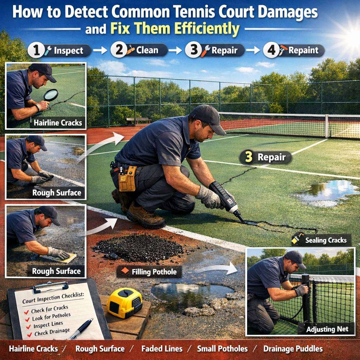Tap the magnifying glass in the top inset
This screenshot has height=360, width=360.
point(51,95)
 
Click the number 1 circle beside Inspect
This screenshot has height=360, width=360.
point(36,51)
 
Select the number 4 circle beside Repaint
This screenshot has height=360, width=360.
point(271,50)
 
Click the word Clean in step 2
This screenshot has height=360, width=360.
point(147,50)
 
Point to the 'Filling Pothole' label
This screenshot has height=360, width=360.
point(149,272)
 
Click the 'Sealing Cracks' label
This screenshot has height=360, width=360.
point(321,240)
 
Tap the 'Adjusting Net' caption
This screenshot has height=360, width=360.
point(327,329)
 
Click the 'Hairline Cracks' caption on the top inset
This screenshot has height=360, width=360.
point(58,123)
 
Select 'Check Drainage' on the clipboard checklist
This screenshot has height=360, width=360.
point(52,332)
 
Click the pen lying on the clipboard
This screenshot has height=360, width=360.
point(82,329)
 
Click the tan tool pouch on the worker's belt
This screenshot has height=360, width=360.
point(127,178)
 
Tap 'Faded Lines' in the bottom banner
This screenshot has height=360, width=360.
point(162,349)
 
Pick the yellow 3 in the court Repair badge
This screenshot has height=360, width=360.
point(249,157)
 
